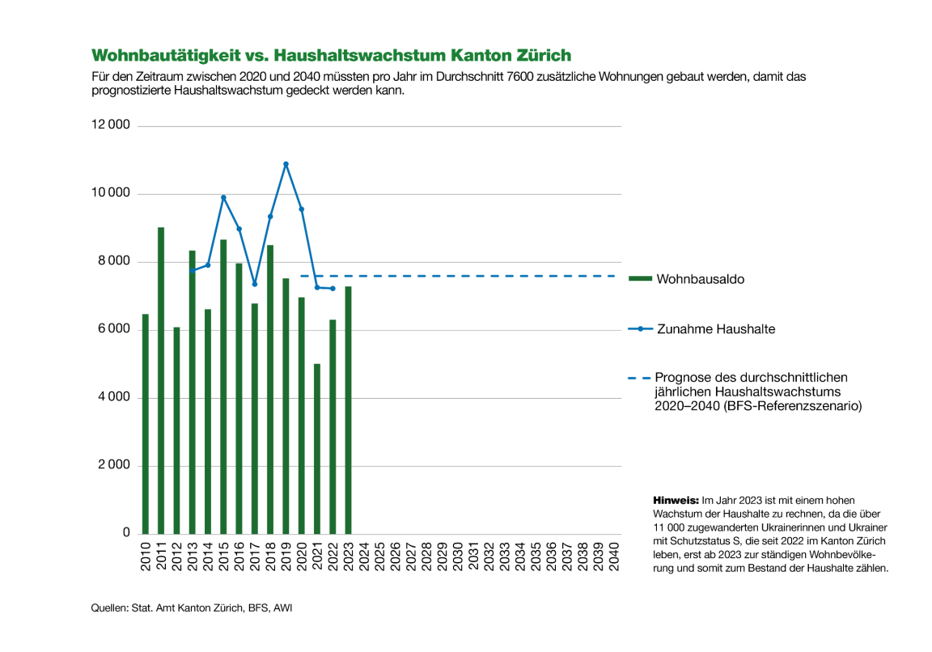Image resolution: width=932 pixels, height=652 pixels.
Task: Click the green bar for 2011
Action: click(x=161, y=380)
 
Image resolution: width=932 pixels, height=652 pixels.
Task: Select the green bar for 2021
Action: click(x=317, y=449)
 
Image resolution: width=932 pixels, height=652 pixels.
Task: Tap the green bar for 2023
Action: click(x=349, y=410)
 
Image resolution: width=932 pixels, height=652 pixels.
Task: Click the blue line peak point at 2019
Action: click(x=286, y=164)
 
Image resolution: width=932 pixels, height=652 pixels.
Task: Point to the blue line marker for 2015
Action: click(x=223, y=197)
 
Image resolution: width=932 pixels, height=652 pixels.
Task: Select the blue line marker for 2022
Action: click(x=333, y=289)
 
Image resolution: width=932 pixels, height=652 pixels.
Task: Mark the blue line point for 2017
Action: click(x=255, y=284)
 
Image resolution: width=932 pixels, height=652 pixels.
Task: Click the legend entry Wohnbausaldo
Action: click(x=700, y=279)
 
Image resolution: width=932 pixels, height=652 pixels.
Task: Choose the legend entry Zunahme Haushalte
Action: click(x=715, y=329)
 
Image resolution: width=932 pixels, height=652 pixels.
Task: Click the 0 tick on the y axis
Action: click(x=126, y=533)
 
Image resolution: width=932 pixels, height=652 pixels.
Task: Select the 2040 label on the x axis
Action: click(x=614, y=557)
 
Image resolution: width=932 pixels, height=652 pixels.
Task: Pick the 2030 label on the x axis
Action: click(x=458, y=557)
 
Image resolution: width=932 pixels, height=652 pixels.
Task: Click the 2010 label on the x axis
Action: click(x=146, y=557)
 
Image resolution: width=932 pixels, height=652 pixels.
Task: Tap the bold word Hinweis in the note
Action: click(x=676, y=501)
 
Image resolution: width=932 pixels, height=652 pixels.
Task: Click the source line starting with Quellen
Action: click(x=191, y=607)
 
